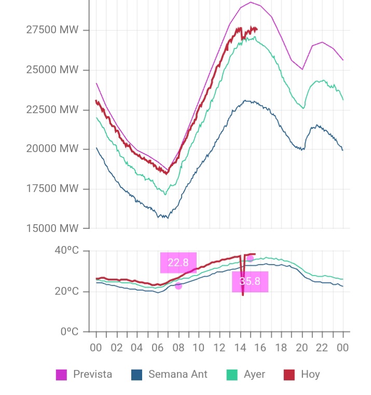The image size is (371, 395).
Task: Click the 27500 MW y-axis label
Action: point(52,30)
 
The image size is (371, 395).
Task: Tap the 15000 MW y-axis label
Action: point(52,228)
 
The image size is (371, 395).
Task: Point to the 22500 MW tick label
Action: point(52,110)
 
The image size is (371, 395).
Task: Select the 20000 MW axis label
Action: point(52,149)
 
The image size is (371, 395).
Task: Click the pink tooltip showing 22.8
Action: point(178,262)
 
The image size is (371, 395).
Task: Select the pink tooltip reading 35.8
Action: point(250,281)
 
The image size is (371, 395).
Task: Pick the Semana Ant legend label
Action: point(177,374)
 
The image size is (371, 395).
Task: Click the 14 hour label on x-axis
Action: point(240,348)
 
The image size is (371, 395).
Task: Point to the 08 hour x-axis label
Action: point(178,348)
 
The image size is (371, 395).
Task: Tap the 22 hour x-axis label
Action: point(322,348)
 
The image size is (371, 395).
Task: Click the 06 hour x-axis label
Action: point(158,348)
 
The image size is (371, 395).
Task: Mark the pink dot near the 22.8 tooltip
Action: point(178,286)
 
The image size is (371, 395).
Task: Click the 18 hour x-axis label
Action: point(281,348)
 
